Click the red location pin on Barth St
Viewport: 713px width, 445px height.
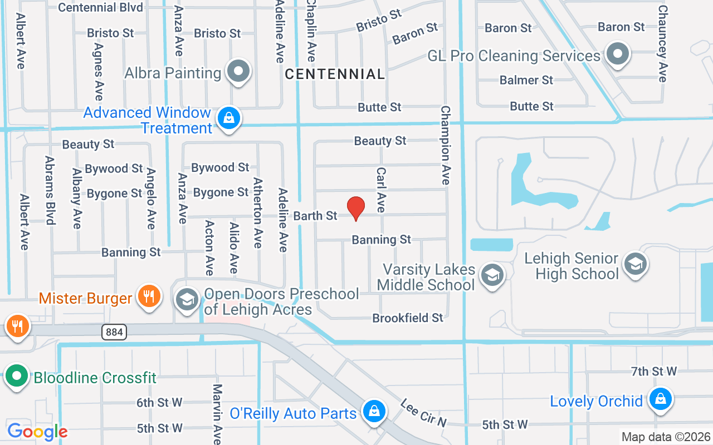pyautogui.click(x=356, y=209)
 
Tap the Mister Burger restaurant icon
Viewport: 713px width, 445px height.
pyautogui.click(x=149, y=296)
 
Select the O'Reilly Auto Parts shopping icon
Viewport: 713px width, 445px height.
pyautogui.click(x=374, y=412)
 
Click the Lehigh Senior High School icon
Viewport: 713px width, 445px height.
pyautogui.click(x=634, y=264)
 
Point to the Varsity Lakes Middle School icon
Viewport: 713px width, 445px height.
pyautogui.click(x=492, y=275)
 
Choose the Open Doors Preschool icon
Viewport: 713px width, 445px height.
pyautogui.click(x=187, y=300)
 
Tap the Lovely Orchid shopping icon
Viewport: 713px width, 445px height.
pyautogui.click(x=661, y=399)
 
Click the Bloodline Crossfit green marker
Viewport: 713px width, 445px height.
pyautogui.click(x=17, y=376)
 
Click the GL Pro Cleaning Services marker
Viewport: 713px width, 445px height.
pyautogui.click(x=617, y=55)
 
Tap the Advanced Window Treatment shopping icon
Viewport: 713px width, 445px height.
pyautogui.click(x=228, y=118)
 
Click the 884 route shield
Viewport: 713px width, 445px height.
pyautogui.click(x=114, y=333)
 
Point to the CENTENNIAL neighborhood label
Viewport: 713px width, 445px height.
pyautogui.click(x=335, y=74)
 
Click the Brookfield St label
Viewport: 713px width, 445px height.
pyautogui.click(x=408, y=318)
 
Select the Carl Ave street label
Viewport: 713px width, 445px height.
pyautogui.click(x=381, y=190)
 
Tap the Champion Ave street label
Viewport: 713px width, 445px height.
pyautogui.click(x=446, y=145)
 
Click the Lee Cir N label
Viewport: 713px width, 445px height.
pyautogui.click(x=423, y=413)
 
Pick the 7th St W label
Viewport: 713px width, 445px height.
pyautogui.click(x=654, y=371)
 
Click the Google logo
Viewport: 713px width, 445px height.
pyautogui.click(x=37, y=431)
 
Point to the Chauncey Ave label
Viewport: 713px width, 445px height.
pyautogui.click(x=662, y=43)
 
